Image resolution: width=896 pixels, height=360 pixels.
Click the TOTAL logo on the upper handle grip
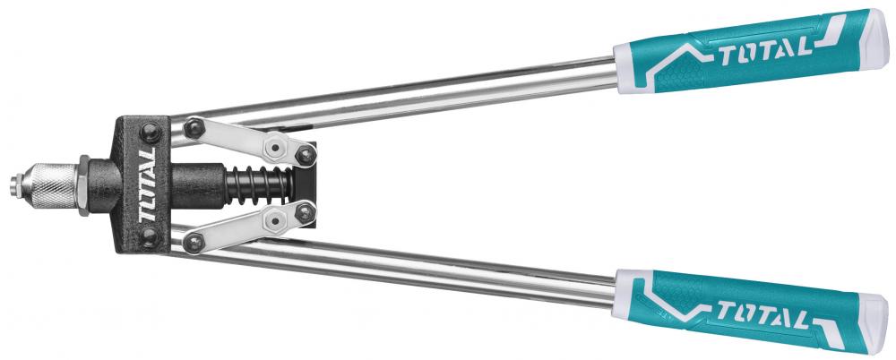pos(765,52)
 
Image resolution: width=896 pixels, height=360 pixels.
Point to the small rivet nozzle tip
pos(15,186)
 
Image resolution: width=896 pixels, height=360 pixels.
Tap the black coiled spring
pos(261,185)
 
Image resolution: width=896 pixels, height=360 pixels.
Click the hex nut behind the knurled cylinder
pos(83,185)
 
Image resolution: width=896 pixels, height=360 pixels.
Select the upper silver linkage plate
pos(250,141)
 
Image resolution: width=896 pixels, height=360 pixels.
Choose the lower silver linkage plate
pos(250,227)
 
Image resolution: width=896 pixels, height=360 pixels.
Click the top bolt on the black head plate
pos(151,133)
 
